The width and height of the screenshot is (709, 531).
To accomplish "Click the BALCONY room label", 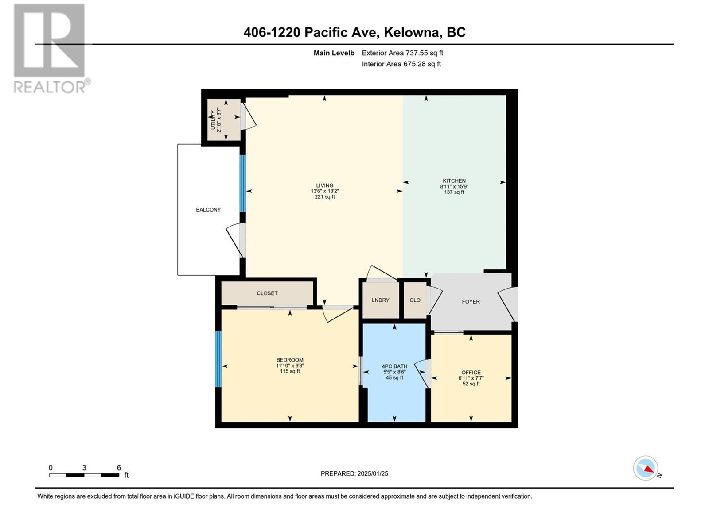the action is click(208, 210).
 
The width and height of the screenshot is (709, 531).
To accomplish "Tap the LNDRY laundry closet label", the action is click(380, 300).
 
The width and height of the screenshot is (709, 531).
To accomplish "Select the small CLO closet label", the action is click(415, 300).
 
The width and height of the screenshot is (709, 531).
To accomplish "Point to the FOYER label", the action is click(471, 301).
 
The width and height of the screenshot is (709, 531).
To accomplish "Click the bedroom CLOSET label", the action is click(267, 293).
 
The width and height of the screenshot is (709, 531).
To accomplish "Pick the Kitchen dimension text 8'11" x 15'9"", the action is click(454, 186).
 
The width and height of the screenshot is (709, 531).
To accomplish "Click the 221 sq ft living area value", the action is click(325, 196).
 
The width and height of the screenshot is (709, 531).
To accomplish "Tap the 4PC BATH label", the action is click(394, 366).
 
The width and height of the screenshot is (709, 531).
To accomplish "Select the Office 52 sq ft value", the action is click(471, 384).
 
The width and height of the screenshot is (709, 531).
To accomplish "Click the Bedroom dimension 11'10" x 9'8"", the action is click(290, 366).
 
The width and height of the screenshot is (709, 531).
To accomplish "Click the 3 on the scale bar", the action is click(84, 468).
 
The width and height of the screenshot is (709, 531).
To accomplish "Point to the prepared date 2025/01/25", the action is click(372, 473).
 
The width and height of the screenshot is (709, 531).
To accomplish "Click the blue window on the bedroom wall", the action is click(218, 359).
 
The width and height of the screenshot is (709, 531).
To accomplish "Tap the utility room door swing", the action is click(249, 116).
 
